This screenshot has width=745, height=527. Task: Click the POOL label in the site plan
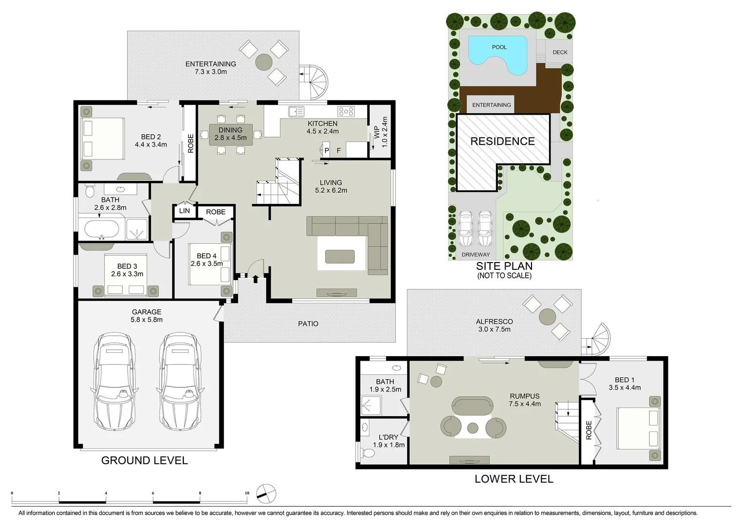pos(499,47)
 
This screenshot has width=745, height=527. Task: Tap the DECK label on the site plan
pos(560,52)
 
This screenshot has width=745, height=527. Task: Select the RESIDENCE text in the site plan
pos(502,142)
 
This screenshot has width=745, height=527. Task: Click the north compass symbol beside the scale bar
pos(266,493)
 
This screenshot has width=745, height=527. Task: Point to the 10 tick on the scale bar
pos(247,493)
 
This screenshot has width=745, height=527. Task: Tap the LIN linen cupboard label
pos(184,211)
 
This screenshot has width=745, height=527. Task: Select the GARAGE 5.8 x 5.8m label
pos(146,316)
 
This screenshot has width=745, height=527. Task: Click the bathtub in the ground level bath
pos(101,229)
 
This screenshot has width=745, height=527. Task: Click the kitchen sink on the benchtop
pos(295,112)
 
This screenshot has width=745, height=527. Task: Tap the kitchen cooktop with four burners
pos(346,112)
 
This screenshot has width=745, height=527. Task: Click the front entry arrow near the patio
pos(255,279)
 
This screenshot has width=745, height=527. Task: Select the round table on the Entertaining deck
pos(264,62)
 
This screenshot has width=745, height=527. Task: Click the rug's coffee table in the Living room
pos(340,256)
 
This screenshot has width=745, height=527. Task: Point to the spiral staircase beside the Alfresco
pos(598,339)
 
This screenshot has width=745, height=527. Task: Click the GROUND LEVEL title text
pos(144,460)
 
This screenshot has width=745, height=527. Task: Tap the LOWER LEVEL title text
pos(514,479)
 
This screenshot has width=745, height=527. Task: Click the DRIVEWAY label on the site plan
pos(475,255)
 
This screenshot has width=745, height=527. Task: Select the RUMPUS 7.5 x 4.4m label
pos(525,400)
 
